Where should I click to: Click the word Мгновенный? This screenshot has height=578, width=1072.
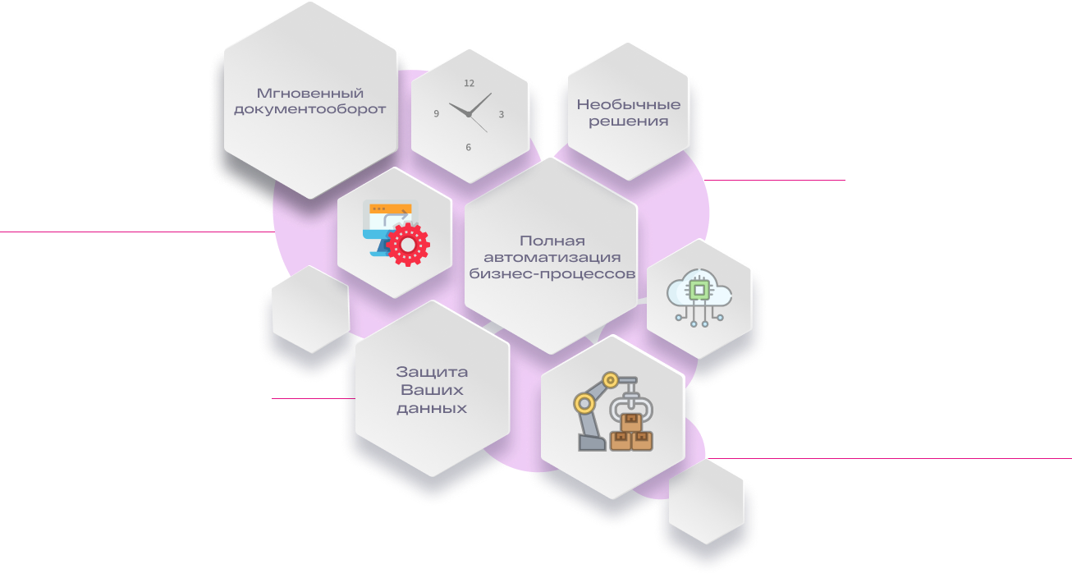[310, 93]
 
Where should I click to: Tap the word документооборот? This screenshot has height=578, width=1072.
[310, 110]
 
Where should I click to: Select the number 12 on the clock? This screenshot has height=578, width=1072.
[469, 83]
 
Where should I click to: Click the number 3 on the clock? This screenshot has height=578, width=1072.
[501, 114]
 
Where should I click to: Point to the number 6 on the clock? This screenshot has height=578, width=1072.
[468, 148]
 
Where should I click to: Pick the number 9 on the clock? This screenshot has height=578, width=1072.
[436, 114]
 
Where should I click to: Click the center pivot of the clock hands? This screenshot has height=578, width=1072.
[469, 115]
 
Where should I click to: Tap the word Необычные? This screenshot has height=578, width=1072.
[629, 104]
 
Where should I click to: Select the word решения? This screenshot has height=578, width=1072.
[629, 122]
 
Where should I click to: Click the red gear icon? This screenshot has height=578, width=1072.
[408, 245]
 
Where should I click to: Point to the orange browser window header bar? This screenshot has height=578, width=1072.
[391, 209]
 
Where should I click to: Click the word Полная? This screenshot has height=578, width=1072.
[552, 241]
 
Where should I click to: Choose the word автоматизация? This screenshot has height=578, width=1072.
[552, 258]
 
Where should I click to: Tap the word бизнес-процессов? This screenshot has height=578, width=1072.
[552, 274]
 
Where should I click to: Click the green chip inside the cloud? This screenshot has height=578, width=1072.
[699, 290]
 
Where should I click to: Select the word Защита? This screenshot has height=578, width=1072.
[432, 372]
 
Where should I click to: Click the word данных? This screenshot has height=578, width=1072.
[432, 409]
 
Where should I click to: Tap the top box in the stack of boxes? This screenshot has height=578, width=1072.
[631, 422]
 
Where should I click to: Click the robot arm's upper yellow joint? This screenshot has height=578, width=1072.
[610, 380]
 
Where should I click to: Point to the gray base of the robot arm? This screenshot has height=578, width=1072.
[592, 443]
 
